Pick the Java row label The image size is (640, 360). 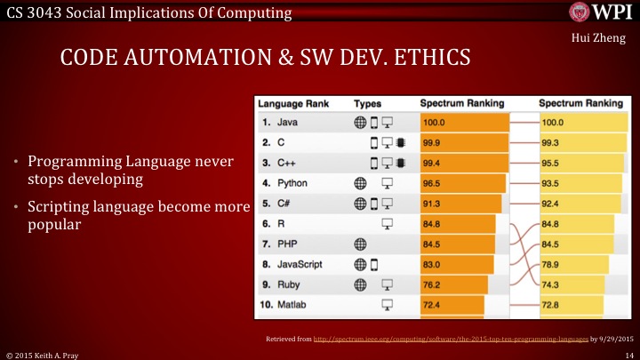[x=285, y=122]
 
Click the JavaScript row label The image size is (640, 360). [x=299, y=264]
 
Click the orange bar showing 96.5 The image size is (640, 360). [x=462, y=183]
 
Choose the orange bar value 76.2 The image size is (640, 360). [x=453, y=284]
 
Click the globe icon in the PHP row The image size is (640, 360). [x=360, y=244]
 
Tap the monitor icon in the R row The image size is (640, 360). [x=387, y=223]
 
